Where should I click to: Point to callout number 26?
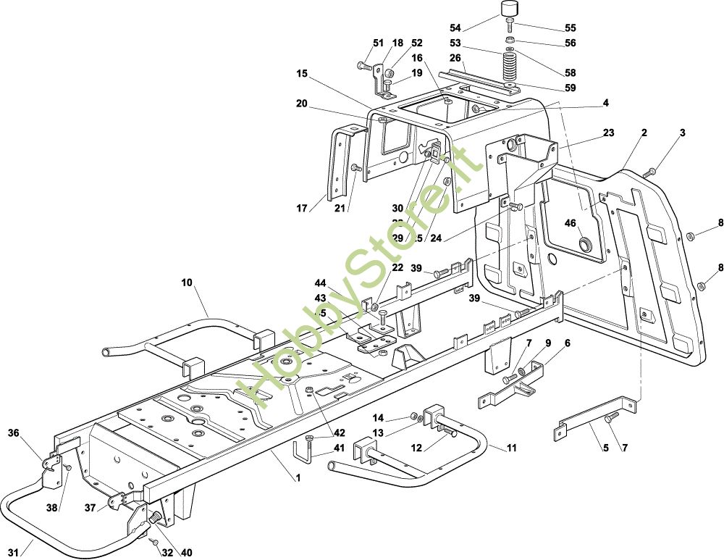[x=455, y=58]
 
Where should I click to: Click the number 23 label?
[x=608, y=133]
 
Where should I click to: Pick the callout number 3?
[x=682, y=133]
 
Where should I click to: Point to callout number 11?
[x=512, y=448]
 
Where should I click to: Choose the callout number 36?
[x=13, y=433]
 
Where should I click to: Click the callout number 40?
[x=186, y=553]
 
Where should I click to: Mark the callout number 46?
[x=570, y=222]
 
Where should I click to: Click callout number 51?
[x=377, y=43]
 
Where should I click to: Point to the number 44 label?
[x=320, y=282]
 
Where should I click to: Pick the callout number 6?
[x=567, y=343]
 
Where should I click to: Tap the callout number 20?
[x=302, y=103]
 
